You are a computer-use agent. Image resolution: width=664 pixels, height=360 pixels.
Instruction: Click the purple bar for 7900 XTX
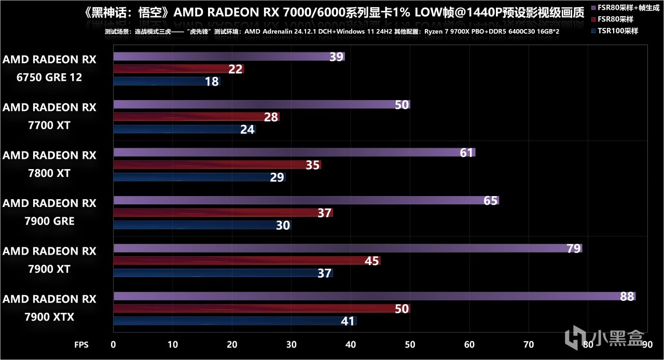[374, 297]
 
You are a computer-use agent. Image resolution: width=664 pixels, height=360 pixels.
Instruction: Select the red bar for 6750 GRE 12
[178, 69]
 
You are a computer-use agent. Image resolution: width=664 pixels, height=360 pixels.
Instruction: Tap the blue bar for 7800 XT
[199, 177]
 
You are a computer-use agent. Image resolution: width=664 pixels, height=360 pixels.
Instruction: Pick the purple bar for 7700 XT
[261, 105]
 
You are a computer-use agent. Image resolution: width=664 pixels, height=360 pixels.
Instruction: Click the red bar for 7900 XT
[246, 261]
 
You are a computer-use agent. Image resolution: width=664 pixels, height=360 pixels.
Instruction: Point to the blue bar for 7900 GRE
[202, 226]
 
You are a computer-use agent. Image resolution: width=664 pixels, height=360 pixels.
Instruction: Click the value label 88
[627, 297]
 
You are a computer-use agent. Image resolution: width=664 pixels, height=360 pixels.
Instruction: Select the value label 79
[573, 248]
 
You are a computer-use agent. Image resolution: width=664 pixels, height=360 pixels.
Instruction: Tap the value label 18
[212, 81]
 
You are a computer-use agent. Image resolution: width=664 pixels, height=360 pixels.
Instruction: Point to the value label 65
[490, 201]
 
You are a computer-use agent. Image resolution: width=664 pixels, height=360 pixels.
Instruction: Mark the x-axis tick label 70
[529, 344]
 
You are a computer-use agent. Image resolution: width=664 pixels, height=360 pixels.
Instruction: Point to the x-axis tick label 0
[114, 344]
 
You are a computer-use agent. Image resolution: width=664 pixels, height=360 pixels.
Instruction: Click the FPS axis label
[81, 344]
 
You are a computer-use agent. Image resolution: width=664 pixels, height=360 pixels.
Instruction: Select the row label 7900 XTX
[49, 308]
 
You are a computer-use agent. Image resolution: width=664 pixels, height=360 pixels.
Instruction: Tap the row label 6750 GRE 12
[49, 68]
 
